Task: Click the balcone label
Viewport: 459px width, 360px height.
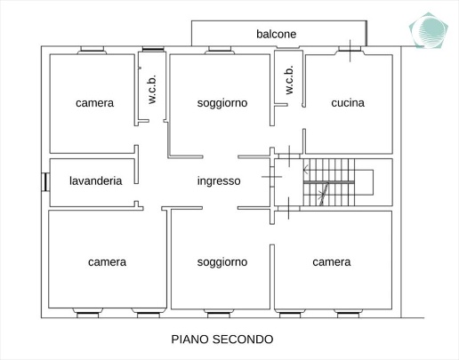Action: click(276, 34)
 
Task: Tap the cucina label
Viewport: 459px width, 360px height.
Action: click(348, 103)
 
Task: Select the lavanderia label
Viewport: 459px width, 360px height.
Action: click(96, 180)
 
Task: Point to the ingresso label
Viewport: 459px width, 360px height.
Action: click(219, 180)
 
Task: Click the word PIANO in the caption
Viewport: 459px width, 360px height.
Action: click(189, 340)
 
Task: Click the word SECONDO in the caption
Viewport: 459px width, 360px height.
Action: click(243, 340)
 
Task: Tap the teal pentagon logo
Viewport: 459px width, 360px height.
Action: click(429, 30)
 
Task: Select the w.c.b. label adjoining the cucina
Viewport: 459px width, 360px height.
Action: click(289, 80)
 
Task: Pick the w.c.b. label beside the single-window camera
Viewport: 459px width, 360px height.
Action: click(151, 90)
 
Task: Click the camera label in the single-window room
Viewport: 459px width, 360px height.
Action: click(94, 103)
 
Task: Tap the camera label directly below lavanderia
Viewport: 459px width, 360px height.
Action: click(107, 262)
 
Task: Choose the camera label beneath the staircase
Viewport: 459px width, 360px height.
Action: click(332, 262)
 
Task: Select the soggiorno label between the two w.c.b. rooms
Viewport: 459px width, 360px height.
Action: click(222, 103)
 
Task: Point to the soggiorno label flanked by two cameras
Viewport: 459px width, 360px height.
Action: click(222, 262)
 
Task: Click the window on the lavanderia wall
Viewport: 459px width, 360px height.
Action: click(45, 182)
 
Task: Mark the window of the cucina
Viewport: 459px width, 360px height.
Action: click(350, 50)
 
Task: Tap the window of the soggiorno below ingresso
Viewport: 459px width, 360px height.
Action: click(219, 314)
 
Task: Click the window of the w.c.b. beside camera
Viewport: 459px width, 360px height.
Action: click(153, 49)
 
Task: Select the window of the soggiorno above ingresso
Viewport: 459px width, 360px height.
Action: click(220, 50)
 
